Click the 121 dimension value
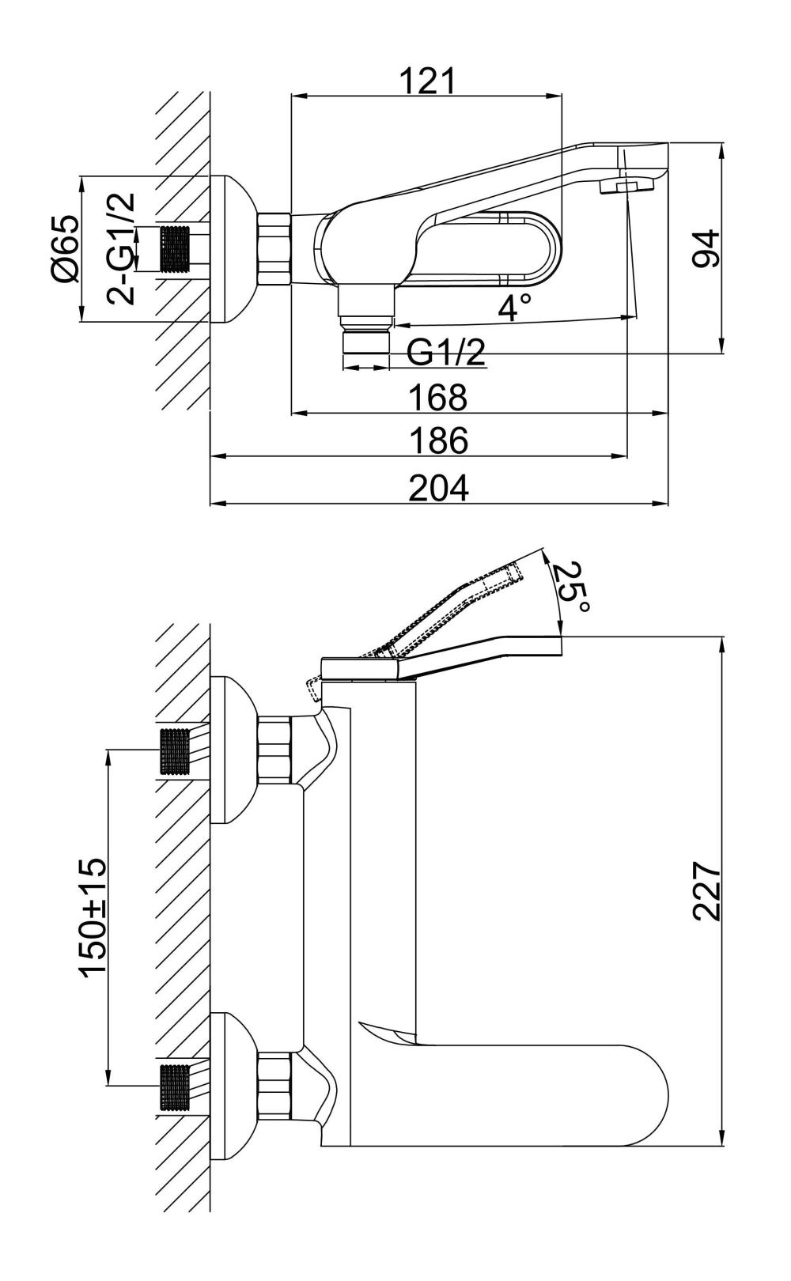coord(427,81)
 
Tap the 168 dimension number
coord(437,397)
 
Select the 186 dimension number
coord(437,440)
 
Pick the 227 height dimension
coord(706,891)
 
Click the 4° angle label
coord(513,307)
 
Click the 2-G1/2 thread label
coord(121,248)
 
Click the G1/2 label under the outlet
coord(445,353)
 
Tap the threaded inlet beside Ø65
coord(176,249)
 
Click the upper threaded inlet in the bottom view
coord(176,751)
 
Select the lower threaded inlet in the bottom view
coord(176,1087)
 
